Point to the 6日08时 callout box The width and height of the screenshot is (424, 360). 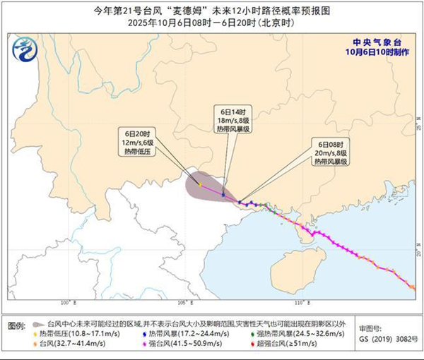point(331,152)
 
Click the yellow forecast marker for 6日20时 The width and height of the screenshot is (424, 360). point(200,185)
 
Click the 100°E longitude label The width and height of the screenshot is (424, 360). point(68,303)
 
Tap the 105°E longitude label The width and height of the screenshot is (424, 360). point(186,303)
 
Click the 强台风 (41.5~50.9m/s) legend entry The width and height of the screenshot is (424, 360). point(179,345)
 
